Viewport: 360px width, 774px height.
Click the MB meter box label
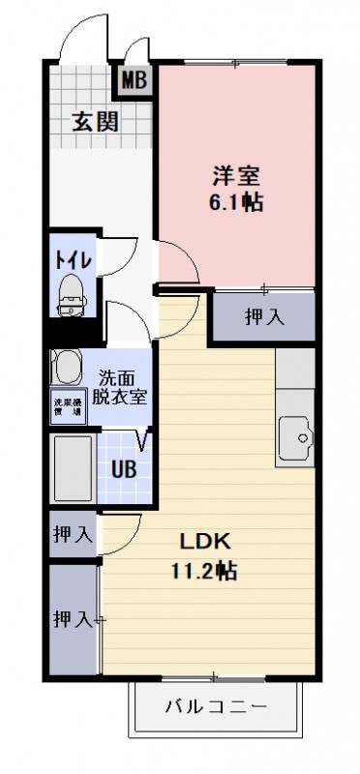(134, 79)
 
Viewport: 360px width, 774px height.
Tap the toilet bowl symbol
(72, 292)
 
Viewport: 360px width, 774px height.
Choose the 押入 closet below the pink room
(263, 316)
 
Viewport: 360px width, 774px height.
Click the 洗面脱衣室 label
(121, 387)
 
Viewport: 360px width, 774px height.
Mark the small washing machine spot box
(67, 408)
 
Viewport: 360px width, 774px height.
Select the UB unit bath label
(123, 470)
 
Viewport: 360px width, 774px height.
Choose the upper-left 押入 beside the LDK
(73, 533)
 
